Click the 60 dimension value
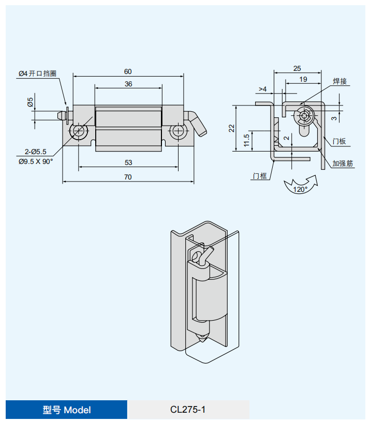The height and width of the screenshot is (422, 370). [x=128, y=71]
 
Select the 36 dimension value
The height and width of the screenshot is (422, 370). [x=128, y=84]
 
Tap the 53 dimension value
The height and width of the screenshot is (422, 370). [x=128, y=162]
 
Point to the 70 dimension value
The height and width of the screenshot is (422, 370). [x=128, y=177]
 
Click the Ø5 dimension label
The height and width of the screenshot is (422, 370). [x=31, y=102]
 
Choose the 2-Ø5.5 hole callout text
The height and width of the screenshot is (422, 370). [x=36, y=152]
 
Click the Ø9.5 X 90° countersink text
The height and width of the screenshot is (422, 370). [x=36, y=161]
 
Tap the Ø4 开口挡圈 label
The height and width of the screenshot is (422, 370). [x=37, y=74]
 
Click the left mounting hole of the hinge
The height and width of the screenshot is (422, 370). [x=80, y=131]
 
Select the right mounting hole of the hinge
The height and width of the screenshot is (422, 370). [x=177, y=131]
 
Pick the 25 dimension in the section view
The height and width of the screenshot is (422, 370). [x=297, y=68]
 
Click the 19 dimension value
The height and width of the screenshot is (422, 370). [x=303, y=79]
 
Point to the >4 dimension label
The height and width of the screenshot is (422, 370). [x=262, y=89]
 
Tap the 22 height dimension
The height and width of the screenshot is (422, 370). [x=232, y=128]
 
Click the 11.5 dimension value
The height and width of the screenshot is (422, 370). [x=247, y=140]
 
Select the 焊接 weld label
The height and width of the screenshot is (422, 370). [x=339, y=81]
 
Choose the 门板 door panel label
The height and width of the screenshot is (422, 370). [x=339, y=141]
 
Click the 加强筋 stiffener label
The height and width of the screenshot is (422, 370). [x=343, y=163]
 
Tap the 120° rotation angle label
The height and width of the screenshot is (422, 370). [x=300, y=189]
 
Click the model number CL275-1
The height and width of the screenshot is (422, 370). [x=188, y=410]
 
